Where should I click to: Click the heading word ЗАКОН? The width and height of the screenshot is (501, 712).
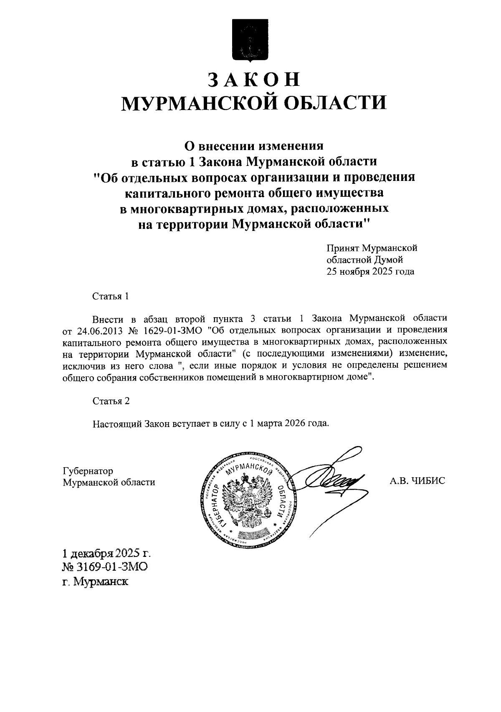point(254,79)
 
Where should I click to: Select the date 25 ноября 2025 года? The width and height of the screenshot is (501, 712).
point(370,272)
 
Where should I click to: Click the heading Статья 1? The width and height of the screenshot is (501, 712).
point(110,296)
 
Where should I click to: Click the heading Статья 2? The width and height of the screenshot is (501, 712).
point(111,401)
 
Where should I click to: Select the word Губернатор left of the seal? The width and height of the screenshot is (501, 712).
point(87,471)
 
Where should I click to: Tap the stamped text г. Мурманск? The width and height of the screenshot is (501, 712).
point(95,582)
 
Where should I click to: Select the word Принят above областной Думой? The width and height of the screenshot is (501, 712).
point(343,248)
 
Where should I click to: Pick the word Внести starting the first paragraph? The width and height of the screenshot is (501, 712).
point(108,319)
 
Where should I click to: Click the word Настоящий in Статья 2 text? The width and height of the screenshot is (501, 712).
point(117,424)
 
